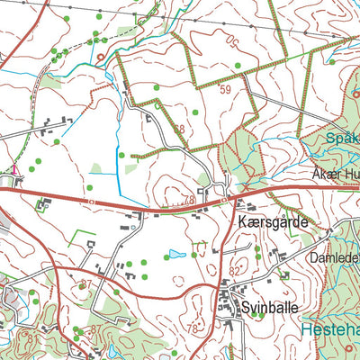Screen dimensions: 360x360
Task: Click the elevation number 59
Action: (x=224, y=90)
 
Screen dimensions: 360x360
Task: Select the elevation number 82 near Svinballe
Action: (x=235, y=270)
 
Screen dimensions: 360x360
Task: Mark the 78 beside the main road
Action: (x=187, y=201)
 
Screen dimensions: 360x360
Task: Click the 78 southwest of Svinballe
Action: (x=192, y=328)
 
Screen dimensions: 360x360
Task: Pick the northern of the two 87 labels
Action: (x=85, y=284)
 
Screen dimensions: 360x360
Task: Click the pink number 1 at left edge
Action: (x=14, y=169)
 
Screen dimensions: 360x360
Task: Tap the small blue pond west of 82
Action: (x=177, y=254)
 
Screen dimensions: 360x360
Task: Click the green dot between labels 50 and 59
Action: (x=237, y=65)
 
